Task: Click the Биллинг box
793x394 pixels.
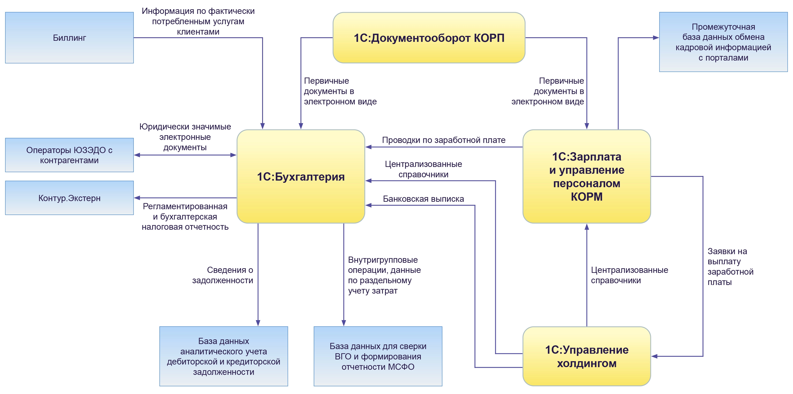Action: coord(69,38)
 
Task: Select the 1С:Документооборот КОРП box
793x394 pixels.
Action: coord(429,38)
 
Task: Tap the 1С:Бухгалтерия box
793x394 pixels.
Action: coord(301,177)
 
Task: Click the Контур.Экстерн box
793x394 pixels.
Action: coord(69,198)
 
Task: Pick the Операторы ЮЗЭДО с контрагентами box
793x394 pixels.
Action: coord(69,155)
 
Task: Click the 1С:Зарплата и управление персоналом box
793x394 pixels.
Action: coord(586,177)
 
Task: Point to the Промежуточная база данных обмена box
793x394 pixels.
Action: coord(723,42)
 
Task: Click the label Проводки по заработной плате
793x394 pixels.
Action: coord(444,140)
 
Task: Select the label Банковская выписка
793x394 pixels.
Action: coord(423,199)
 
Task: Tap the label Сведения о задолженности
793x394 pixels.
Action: coord(223,275)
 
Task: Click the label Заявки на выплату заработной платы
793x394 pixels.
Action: coord(730,267)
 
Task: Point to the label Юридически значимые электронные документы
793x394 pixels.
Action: coord(185,137)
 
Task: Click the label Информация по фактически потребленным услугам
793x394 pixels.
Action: coord(198,21)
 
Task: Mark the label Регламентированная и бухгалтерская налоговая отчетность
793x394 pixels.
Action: coord(185,216)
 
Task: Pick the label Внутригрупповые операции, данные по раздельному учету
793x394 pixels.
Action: coord(384,275)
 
